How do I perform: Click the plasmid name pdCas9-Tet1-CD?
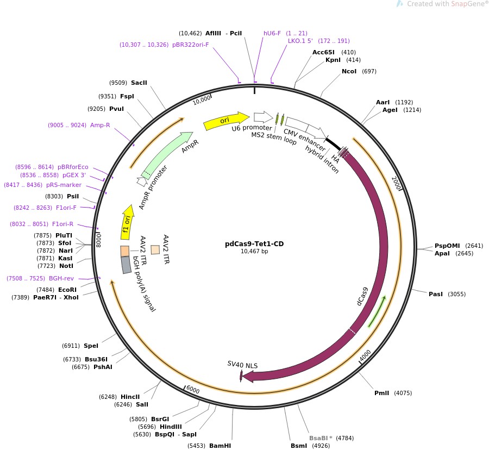tap(254, 244)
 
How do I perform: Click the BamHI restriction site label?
tap(220, 446)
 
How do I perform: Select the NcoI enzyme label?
tap(349, 71)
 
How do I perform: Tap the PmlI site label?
tap(381, 393)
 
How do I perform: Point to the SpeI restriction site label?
tap(91, 346)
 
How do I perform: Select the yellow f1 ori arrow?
tap(127, 222)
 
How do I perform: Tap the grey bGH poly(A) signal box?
tap(126, 265)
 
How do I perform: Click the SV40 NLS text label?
tap(242, 364)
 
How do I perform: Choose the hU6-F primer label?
tap(272, 33)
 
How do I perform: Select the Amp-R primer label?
tap(100, 125)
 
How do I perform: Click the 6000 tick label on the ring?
tap(193, 390)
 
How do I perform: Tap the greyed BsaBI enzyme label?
tap(321, 437)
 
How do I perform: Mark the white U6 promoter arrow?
tap(263, 116)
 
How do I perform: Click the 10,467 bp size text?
tap(254, 251)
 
